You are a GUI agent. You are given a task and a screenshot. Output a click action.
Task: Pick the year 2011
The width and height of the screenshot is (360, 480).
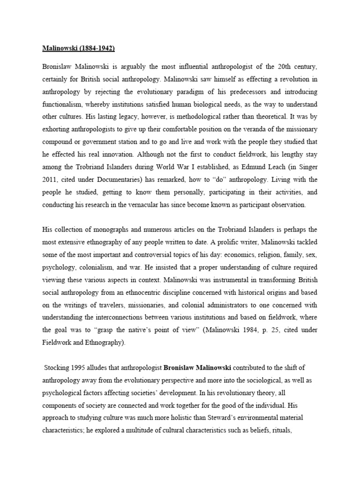[51, 179]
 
